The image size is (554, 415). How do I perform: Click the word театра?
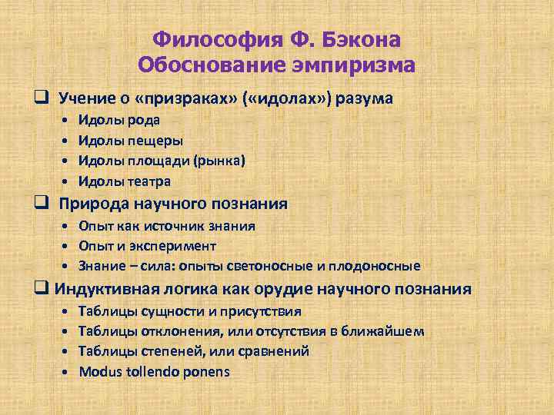tap(151, 181)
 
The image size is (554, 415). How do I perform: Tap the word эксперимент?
tap(180, 246)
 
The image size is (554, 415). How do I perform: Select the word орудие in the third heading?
tap(302, 290)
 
